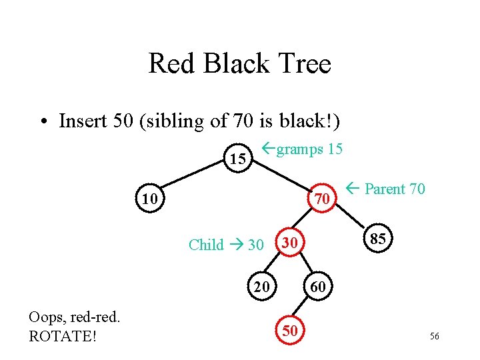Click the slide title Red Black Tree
tap(239, 64)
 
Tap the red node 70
tap(322, 199)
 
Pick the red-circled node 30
tap(289, 244)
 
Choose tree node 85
tap(377, 239)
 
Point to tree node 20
tap(262, 287)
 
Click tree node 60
tap(318, 287)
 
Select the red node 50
tap(289, 331)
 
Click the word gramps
tap(299, 149)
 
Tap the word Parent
tap(385, 189)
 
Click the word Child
tap(206, 245)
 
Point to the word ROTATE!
tap(63, 336)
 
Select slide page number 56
tap(434, 337)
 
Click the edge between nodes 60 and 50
tap(303, 309)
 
